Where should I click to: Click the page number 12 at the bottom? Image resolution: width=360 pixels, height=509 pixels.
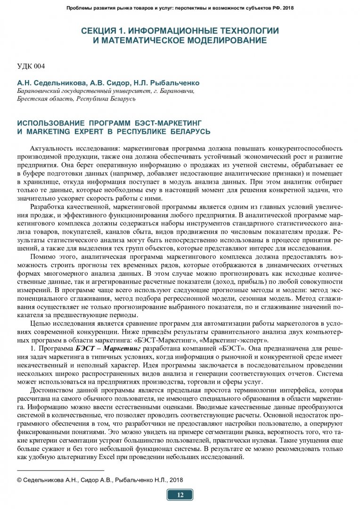(x=180, y=494)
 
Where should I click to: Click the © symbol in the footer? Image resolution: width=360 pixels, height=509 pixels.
(x=19, y=479)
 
